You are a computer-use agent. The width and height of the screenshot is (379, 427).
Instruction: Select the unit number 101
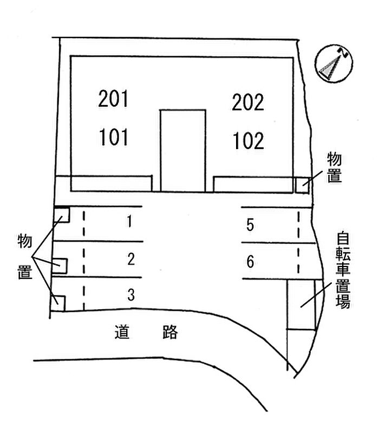click(x=114, y=137)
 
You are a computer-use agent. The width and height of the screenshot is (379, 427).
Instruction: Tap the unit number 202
click(x=248, y=102)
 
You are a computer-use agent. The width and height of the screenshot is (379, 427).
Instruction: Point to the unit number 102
click(x=249, y=141)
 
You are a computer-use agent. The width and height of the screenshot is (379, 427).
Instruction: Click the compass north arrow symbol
click(x=334, y=63)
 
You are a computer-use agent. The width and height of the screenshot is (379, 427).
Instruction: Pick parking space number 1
click(x=129, y=222)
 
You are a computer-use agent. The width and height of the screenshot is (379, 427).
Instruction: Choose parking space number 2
click(x=130, y=259)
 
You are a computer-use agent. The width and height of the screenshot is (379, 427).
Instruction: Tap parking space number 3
click(x=130, y=295)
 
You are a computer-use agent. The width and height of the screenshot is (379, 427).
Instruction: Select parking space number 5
click(x=250, y=225)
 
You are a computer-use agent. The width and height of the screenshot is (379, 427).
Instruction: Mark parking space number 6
click(x=250, y=262)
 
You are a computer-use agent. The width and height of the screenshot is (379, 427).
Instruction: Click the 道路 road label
click(x=146, y=331)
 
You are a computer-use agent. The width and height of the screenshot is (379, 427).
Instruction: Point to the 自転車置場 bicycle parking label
click(x=342, y=270)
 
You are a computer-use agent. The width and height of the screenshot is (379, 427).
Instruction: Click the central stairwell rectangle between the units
click(x=182, y=150)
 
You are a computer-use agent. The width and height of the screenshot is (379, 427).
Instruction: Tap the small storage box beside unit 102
click(x=302, y=184)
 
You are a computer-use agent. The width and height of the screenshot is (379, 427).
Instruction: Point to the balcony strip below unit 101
click(x=112, y=184)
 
